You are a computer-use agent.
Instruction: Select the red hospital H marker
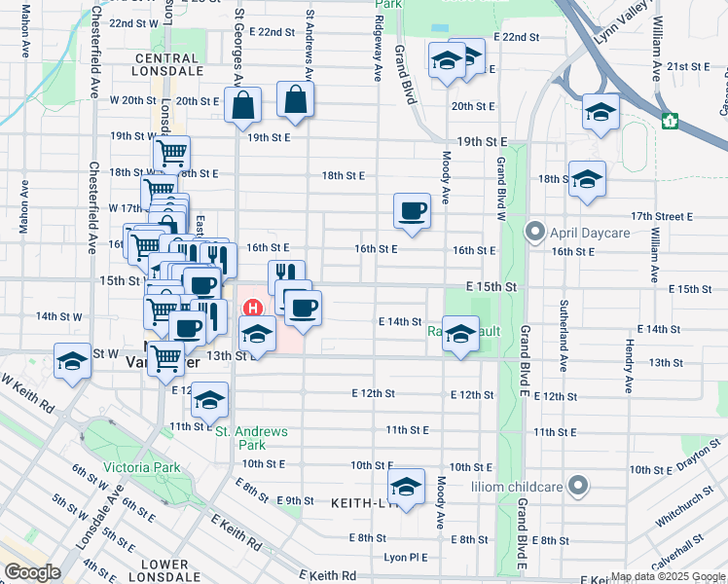(253, 309)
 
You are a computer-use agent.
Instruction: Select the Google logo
(31, 571)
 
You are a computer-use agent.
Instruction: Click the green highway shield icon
(669, 121)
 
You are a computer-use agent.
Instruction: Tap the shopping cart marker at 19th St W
(171, 152)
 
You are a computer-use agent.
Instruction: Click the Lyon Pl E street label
(406, 558)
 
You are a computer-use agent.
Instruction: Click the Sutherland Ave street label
(564, 336)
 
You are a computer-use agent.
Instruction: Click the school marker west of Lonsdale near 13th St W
(72, 361)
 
